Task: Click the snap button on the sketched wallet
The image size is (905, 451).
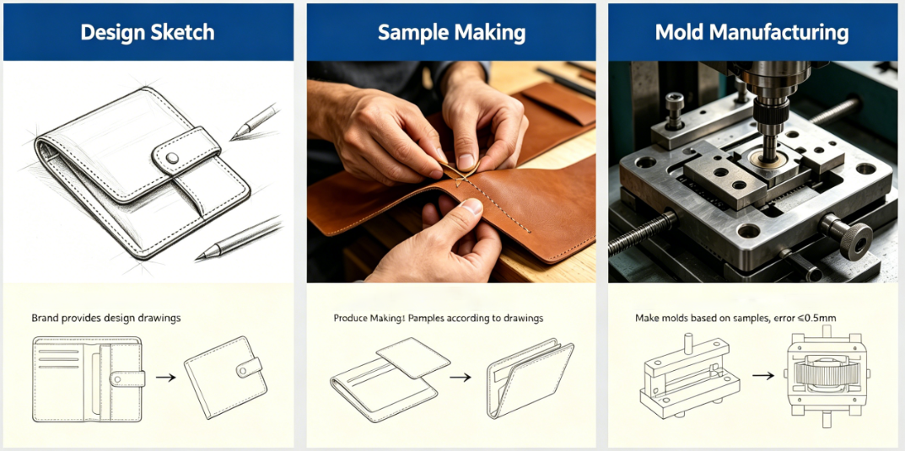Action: pos(171,158)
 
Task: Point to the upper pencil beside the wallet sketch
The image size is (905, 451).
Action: pos(254,122)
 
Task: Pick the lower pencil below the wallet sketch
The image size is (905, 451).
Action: pos(238,239)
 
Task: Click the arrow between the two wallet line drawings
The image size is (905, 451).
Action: pos(165,378)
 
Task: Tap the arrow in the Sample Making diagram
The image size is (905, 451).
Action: pos(461,378)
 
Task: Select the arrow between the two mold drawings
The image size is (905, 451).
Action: pos(763,375)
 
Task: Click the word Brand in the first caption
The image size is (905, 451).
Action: pos(43,318)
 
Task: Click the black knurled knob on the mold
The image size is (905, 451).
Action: pos(854,239)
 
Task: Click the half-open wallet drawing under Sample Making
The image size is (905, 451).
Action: pos(530,380)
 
